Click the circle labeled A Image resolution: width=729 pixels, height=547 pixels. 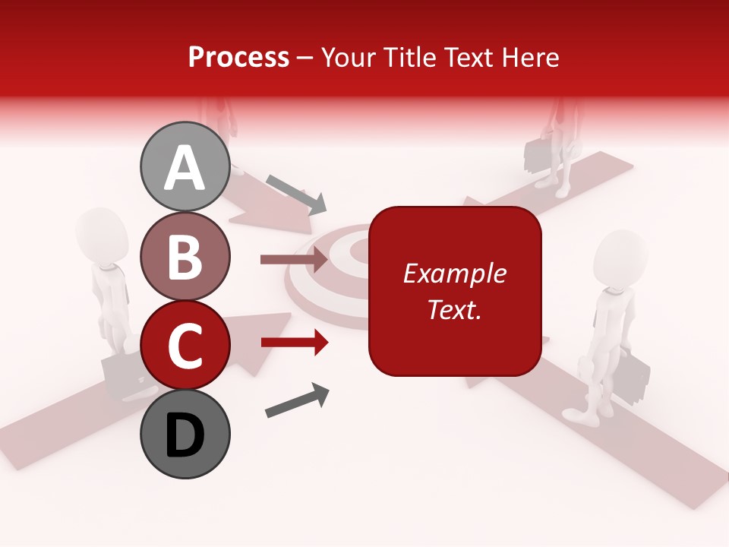click(185, 166)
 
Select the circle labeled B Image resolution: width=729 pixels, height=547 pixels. click(185, 255)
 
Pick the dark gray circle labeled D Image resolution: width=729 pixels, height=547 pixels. click(185, 434)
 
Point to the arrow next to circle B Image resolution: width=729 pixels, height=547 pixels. click(294, 260)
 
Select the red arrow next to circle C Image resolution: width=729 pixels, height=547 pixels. click(294, 343)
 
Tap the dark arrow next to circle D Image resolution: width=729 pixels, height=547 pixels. click(298, 400)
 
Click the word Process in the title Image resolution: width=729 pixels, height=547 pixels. click(238, 57)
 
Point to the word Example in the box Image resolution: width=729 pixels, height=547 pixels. click(454, 273)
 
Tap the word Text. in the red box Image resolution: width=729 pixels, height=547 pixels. click(454, 309)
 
